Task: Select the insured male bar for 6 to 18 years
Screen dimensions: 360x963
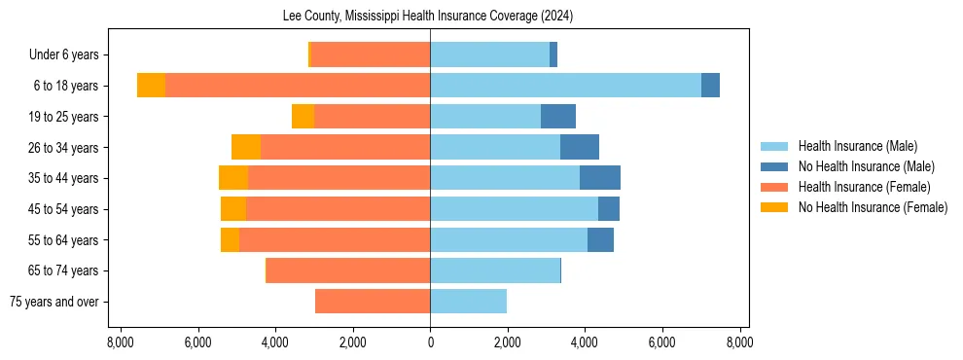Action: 565,86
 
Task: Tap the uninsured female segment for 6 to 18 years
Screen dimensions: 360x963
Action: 151,86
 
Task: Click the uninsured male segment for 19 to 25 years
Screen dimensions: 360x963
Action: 558,117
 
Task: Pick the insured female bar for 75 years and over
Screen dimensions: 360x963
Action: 373,302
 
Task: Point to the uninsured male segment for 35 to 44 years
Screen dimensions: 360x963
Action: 600,178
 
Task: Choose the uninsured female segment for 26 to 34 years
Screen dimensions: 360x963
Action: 246,147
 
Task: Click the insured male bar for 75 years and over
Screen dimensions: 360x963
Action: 468,302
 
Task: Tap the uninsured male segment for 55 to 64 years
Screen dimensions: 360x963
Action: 600,239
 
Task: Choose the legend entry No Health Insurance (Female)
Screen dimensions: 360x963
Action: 873,207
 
